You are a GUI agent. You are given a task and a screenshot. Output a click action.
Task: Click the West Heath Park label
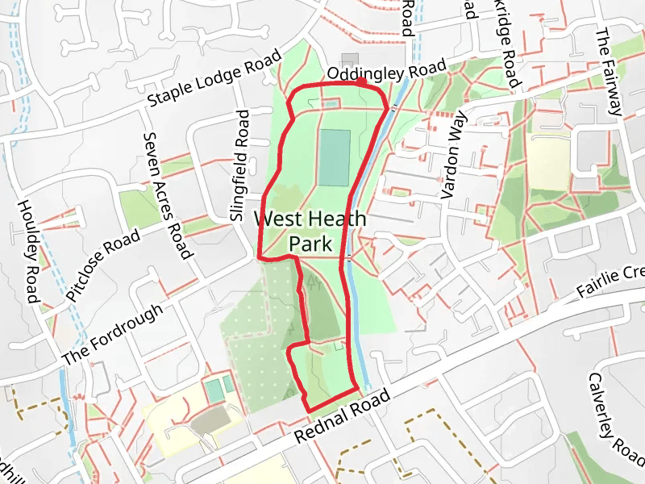[310, 230]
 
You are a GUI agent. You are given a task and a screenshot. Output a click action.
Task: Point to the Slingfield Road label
[240, 166]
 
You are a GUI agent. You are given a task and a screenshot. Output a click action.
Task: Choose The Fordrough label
[114, 333]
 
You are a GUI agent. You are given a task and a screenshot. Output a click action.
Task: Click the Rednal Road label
[343, 415]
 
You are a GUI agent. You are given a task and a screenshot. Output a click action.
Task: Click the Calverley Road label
[617, 425]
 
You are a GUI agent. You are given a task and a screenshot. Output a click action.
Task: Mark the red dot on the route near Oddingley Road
[361, 81]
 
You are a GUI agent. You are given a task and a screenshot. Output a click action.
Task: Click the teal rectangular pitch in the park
[335, 157]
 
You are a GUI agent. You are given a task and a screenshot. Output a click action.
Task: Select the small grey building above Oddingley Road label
[349, 60]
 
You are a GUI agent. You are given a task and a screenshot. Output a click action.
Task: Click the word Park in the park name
[310, 243]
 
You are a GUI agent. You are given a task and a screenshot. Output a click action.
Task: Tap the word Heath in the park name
[339, 219]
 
